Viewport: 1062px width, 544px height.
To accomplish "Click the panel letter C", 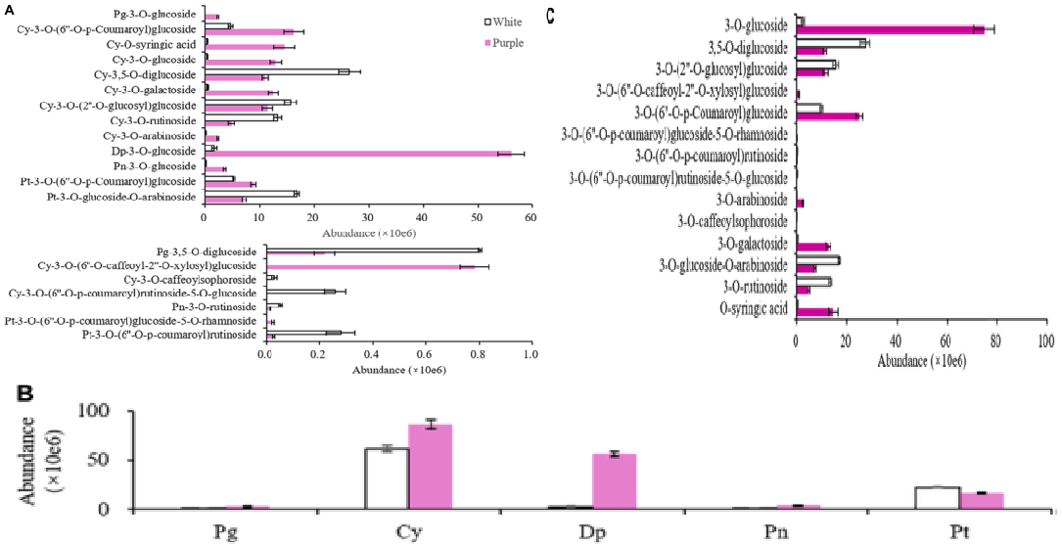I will (551, 17).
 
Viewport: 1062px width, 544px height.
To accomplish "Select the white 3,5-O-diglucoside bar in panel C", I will (831, 43).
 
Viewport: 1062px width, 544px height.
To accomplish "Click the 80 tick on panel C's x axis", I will (996, 340).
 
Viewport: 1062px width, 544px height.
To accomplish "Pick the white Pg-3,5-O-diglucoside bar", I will (373, 250).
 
